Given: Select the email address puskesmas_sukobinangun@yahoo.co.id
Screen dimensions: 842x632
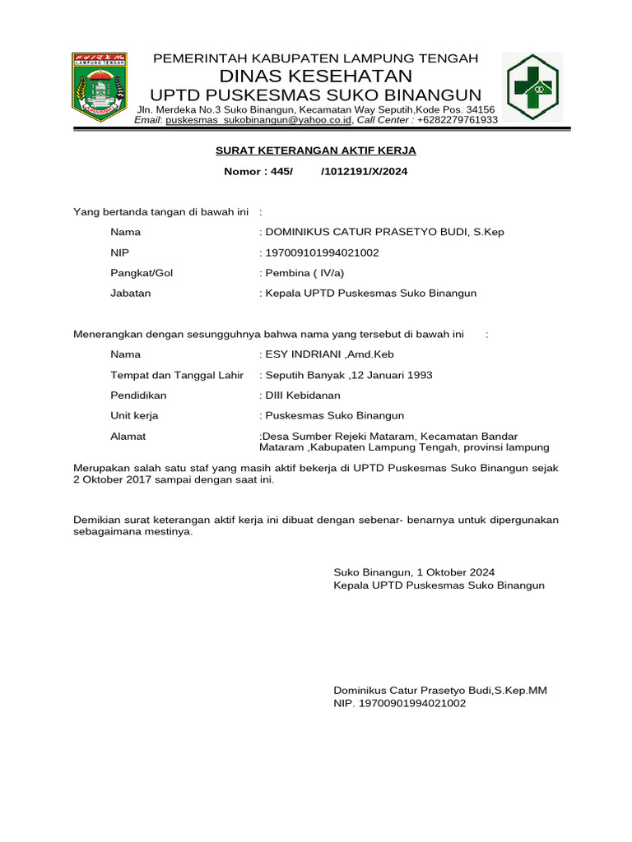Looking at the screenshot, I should pos(259,120).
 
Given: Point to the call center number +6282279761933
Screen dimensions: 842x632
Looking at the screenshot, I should pos(458,120).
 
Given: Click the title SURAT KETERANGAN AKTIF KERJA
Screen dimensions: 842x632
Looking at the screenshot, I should pos(316,150).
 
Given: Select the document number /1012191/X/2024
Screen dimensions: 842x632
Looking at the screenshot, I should pos(364,172).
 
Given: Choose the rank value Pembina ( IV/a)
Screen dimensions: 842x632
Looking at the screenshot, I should pos(304,273).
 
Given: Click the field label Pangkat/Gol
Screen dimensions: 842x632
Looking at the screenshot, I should pos(142,273).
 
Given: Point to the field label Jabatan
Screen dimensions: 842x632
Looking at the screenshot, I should pos(131,293).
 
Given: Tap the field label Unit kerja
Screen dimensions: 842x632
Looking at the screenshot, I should pos(134,415).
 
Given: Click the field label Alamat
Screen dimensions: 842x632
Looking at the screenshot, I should pos(128,436).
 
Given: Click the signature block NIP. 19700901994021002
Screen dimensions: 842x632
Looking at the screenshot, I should pos(399,704).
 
